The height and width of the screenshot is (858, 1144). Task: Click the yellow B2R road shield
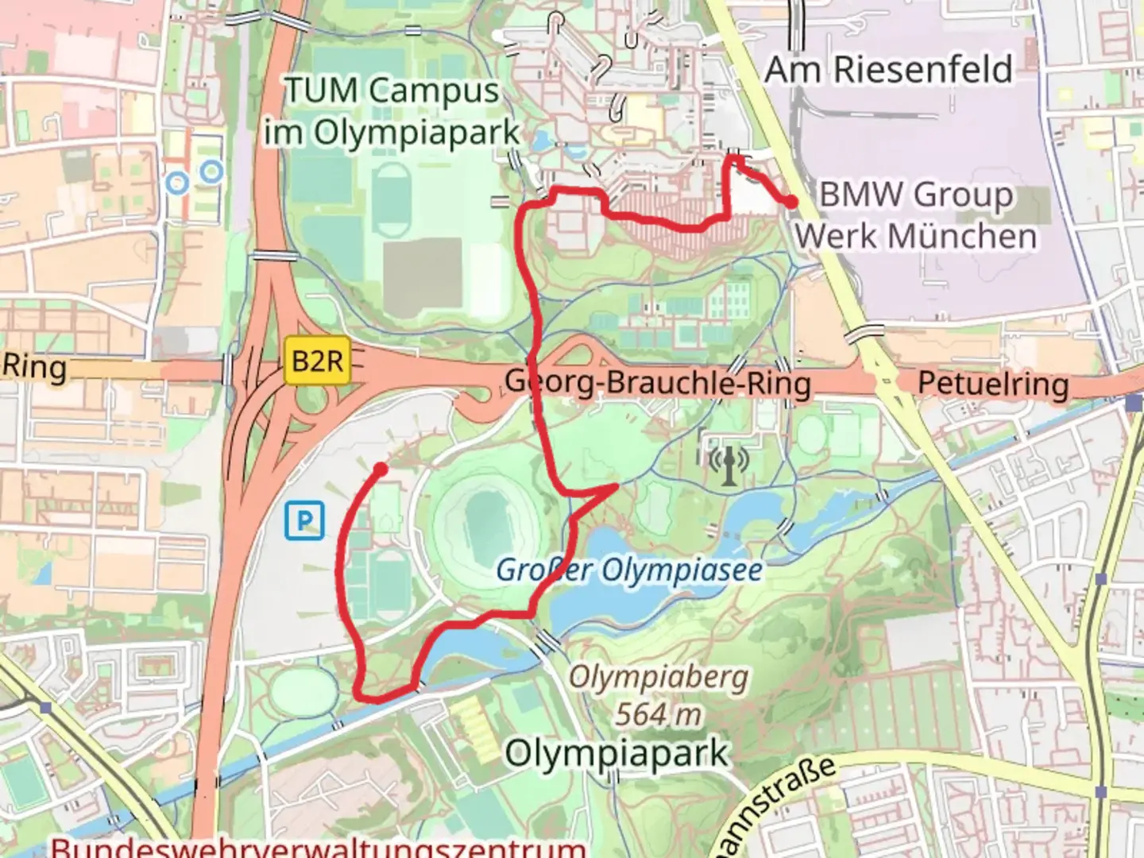click(317, 361)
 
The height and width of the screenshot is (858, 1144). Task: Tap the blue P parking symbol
click(304, 520)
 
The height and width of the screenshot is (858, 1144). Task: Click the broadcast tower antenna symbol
click(729, 463)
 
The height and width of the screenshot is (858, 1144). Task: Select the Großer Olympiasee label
click(629, 570)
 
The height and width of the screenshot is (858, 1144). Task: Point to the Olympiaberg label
click(659, 678)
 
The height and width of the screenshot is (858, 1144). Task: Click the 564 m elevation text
click(659, 713)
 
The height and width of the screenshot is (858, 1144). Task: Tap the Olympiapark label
click(616, 752)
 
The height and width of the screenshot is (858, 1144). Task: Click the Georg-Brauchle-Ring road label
click(658, 383)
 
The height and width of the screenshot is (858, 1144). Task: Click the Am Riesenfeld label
click(888, 69)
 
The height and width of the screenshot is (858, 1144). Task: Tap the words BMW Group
click(915, 194)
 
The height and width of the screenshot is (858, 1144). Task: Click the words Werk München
click(915, 235)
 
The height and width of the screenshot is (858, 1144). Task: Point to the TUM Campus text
click(392, 90)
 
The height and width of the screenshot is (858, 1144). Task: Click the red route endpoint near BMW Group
click(792, 203)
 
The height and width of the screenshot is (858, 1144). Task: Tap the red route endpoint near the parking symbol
click(381, 470)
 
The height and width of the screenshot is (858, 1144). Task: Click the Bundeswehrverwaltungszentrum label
click(318, 847)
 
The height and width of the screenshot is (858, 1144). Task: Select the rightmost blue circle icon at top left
click(211, 170)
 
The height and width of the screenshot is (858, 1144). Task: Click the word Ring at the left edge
click(34, 367)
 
